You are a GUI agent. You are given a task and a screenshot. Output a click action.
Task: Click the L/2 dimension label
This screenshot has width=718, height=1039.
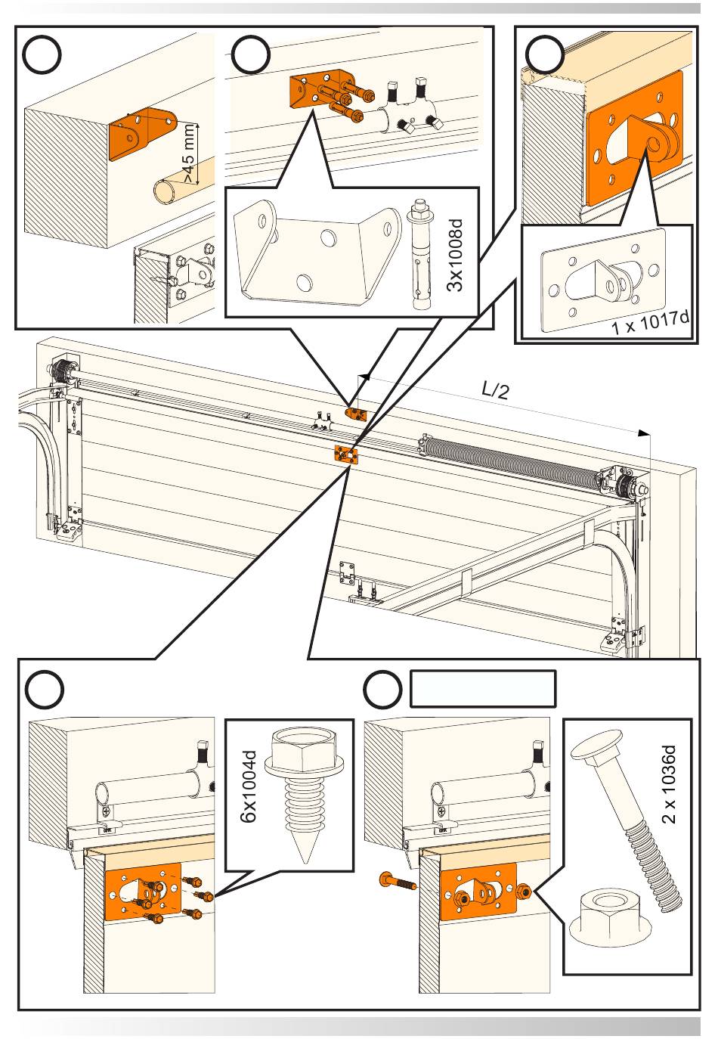496,390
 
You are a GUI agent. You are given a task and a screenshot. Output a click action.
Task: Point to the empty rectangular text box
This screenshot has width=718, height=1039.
483,688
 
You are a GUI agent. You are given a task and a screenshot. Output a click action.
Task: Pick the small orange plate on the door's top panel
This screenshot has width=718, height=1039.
345,455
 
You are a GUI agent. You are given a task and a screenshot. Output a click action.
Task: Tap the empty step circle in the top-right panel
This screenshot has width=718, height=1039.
544,55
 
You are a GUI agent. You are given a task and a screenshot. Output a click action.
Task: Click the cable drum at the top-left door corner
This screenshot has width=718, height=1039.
60,371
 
